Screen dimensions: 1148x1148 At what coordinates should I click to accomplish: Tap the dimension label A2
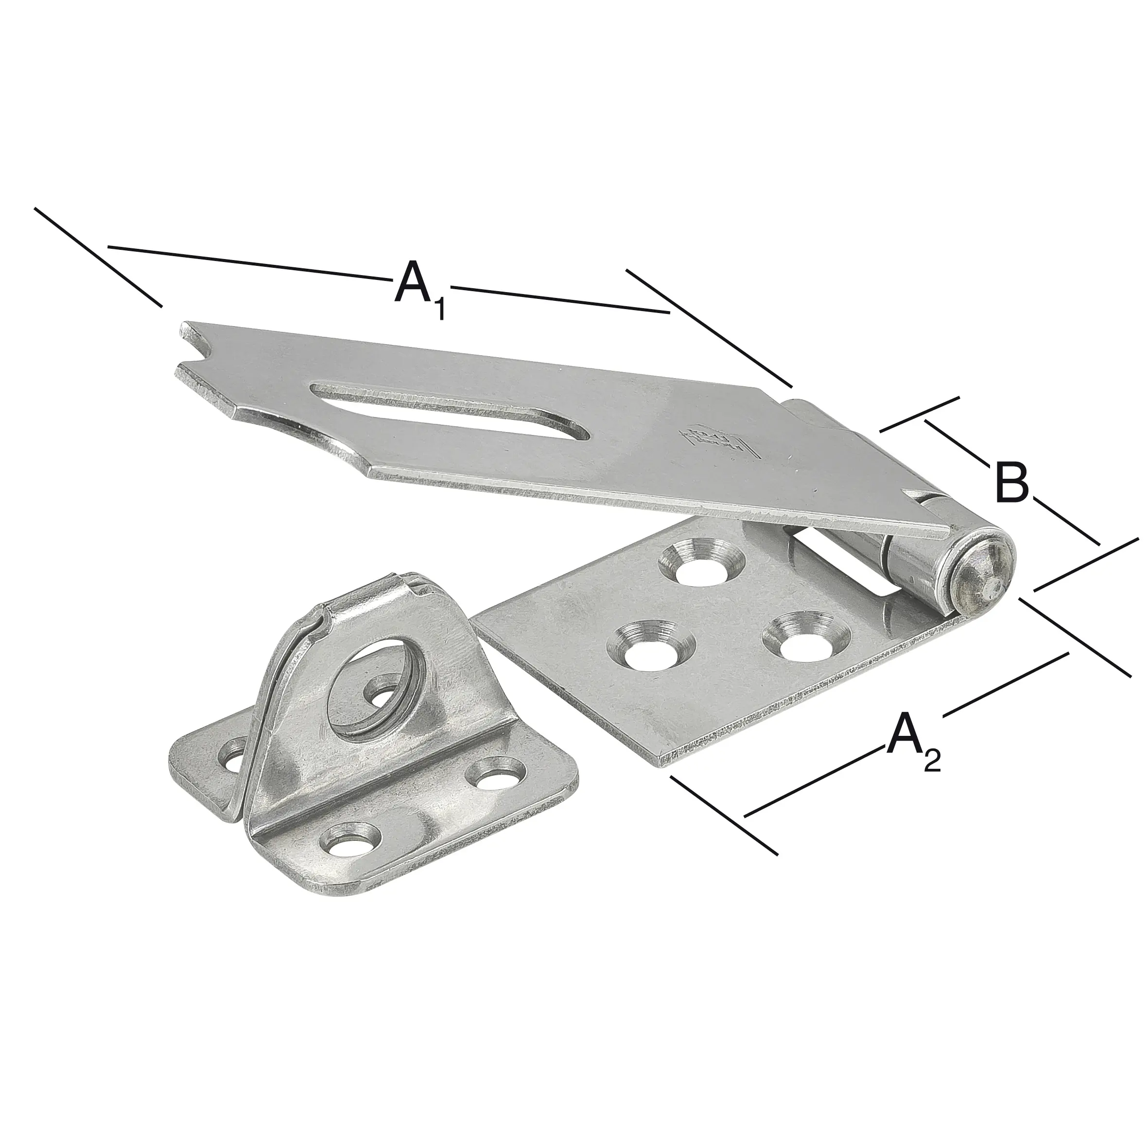(914, 742)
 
